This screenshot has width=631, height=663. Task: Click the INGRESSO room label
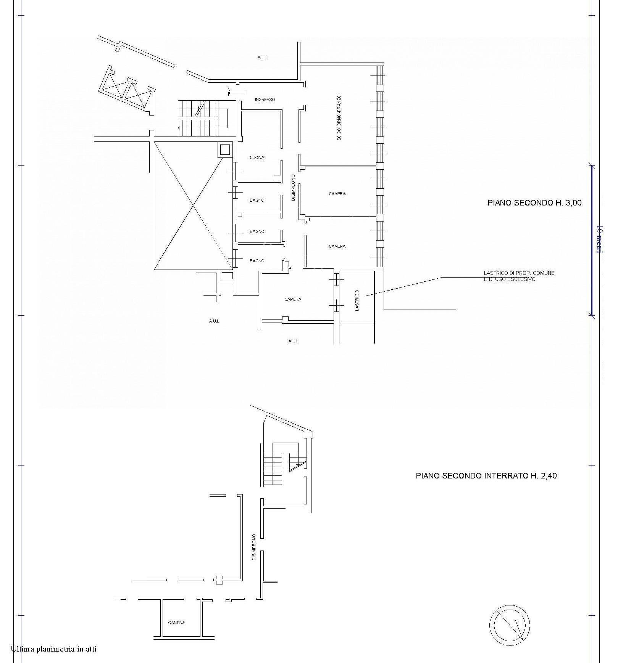265,100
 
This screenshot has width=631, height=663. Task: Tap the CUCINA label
257,157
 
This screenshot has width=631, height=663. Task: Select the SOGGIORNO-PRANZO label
339,117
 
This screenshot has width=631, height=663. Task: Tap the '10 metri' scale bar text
599,239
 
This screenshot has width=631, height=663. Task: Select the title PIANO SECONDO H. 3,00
534,203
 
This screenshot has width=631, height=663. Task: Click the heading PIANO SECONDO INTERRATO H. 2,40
486,476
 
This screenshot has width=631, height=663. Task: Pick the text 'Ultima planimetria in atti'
53,649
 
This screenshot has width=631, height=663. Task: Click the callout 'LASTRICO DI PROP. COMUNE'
519,273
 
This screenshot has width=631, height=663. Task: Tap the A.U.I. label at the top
262,58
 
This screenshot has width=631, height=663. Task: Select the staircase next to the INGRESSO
202,118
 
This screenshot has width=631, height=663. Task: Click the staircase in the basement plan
284,464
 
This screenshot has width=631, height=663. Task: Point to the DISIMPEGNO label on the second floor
293,188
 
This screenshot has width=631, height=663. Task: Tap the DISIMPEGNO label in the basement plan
254,547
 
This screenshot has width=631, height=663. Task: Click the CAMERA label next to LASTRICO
293,299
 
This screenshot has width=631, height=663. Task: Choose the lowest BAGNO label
257,261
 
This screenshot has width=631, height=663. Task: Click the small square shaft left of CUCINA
225,149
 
